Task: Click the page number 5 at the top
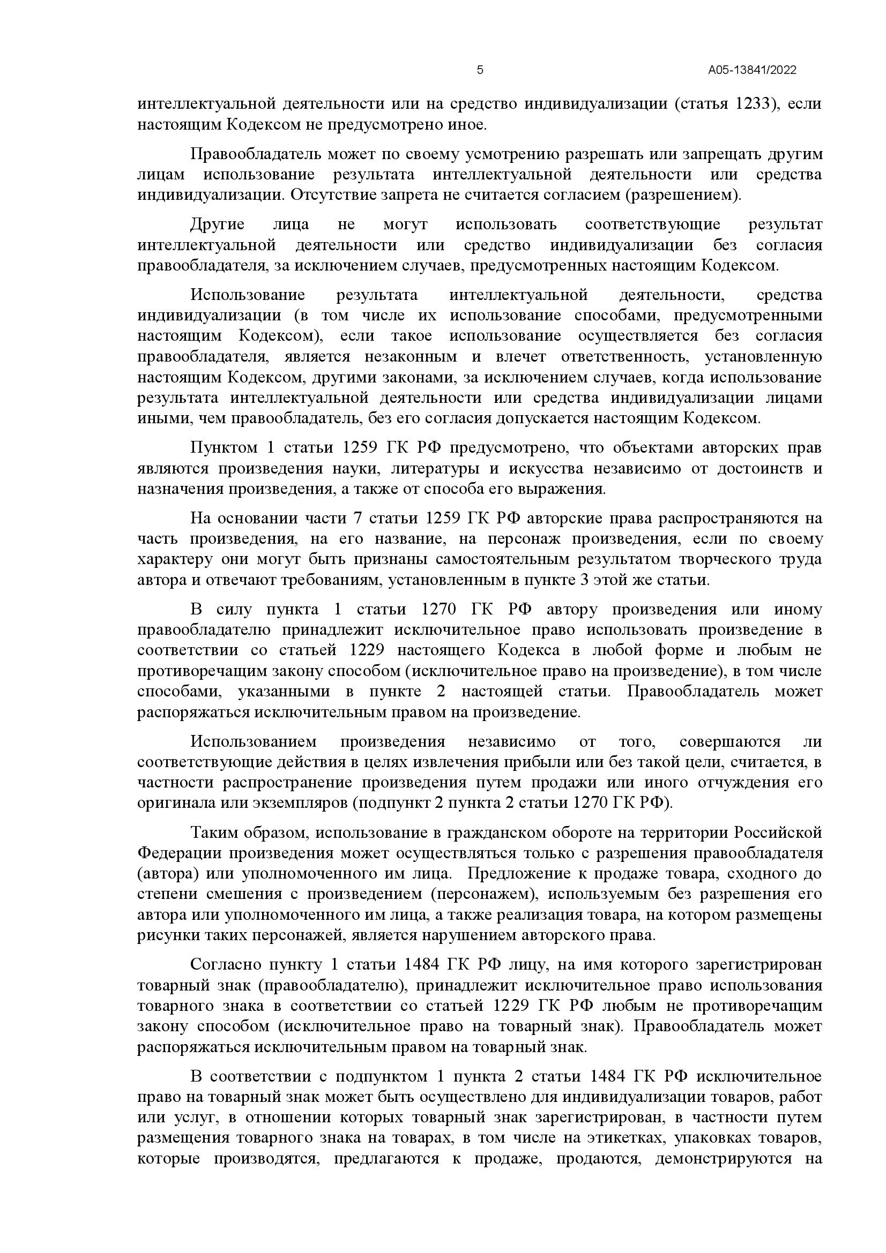[480, 70]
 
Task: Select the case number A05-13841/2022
[752, 70]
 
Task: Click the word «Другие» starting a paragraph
[217, 224]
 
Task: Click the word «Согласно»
[225, 965]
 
